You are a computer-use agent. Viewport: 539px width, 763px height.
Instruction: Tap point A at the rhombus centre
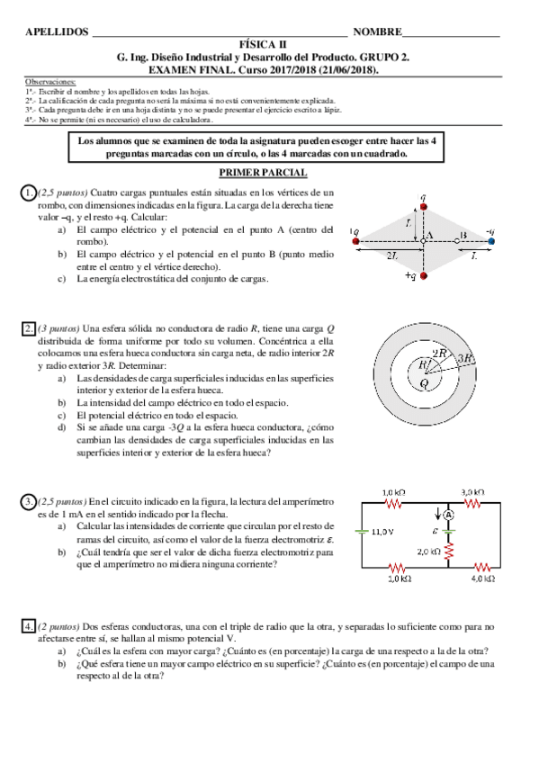(x=424, y=241)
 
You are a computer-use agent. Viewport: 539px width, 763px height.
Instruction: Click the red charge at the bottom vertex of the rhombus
(x=424, y=274)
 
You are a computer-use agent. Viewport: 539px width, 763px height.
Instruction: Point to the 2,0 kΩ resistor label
(x=427, y=551)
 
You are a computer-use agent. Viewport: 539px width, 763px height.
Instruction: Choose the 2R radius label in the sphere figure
(x=438, y=354)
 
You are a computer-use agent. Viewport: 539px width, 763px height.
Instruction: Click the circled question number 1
(x=29, y=193)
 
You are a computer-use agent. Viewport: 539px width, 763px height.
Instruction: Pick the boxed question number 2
(x=29, y=328)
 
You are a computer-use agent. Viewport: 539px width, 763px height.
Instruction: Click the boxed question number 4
(x=29, y=624)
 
